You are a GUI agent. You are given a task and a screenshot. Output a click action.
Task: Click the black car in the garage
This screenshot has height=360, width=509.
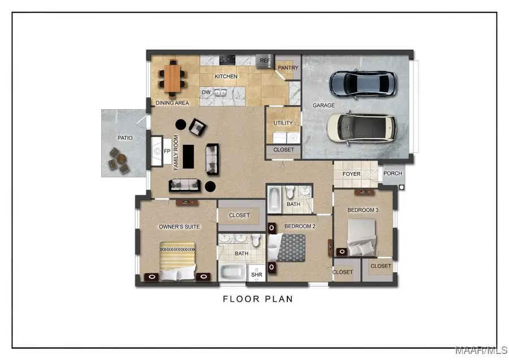pos(361,83)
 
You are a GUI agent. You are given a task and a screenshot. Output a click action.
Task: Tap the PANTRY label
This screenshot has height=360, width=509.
pos(288,68)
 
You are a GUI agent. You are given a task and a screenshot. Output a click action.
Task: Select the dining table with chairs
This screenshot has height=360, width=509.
pos(172,78)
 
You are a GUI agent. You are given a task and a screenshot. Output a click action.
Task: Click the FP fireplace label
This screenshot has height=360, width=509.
pos(167,152)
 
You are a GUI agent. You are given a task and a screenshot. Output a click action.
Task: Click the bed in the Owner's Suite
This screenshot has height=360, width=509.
pos(177,261)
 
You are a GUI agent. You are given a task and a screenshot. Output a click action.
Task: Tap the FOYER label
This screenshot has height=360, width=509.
pos(351,174)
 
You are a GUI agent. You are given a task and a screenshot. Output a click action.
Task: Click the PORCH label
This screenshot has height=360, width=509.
pos(392,174)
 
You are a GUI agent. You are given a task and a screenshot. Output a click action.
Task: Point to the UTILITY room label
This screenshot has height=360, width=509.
pos(283,123)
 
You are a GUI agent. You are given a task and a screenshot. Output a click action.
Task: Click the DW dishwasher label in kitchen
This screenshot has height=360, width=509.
pos(206,92)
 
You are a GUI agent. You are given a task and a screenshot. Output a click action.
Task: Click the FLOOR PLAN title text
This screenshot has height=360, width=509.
pos(258,299)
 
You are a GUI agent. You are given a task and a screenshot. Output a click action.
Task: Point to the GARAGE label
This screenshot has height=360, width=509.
pos(323,105)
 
